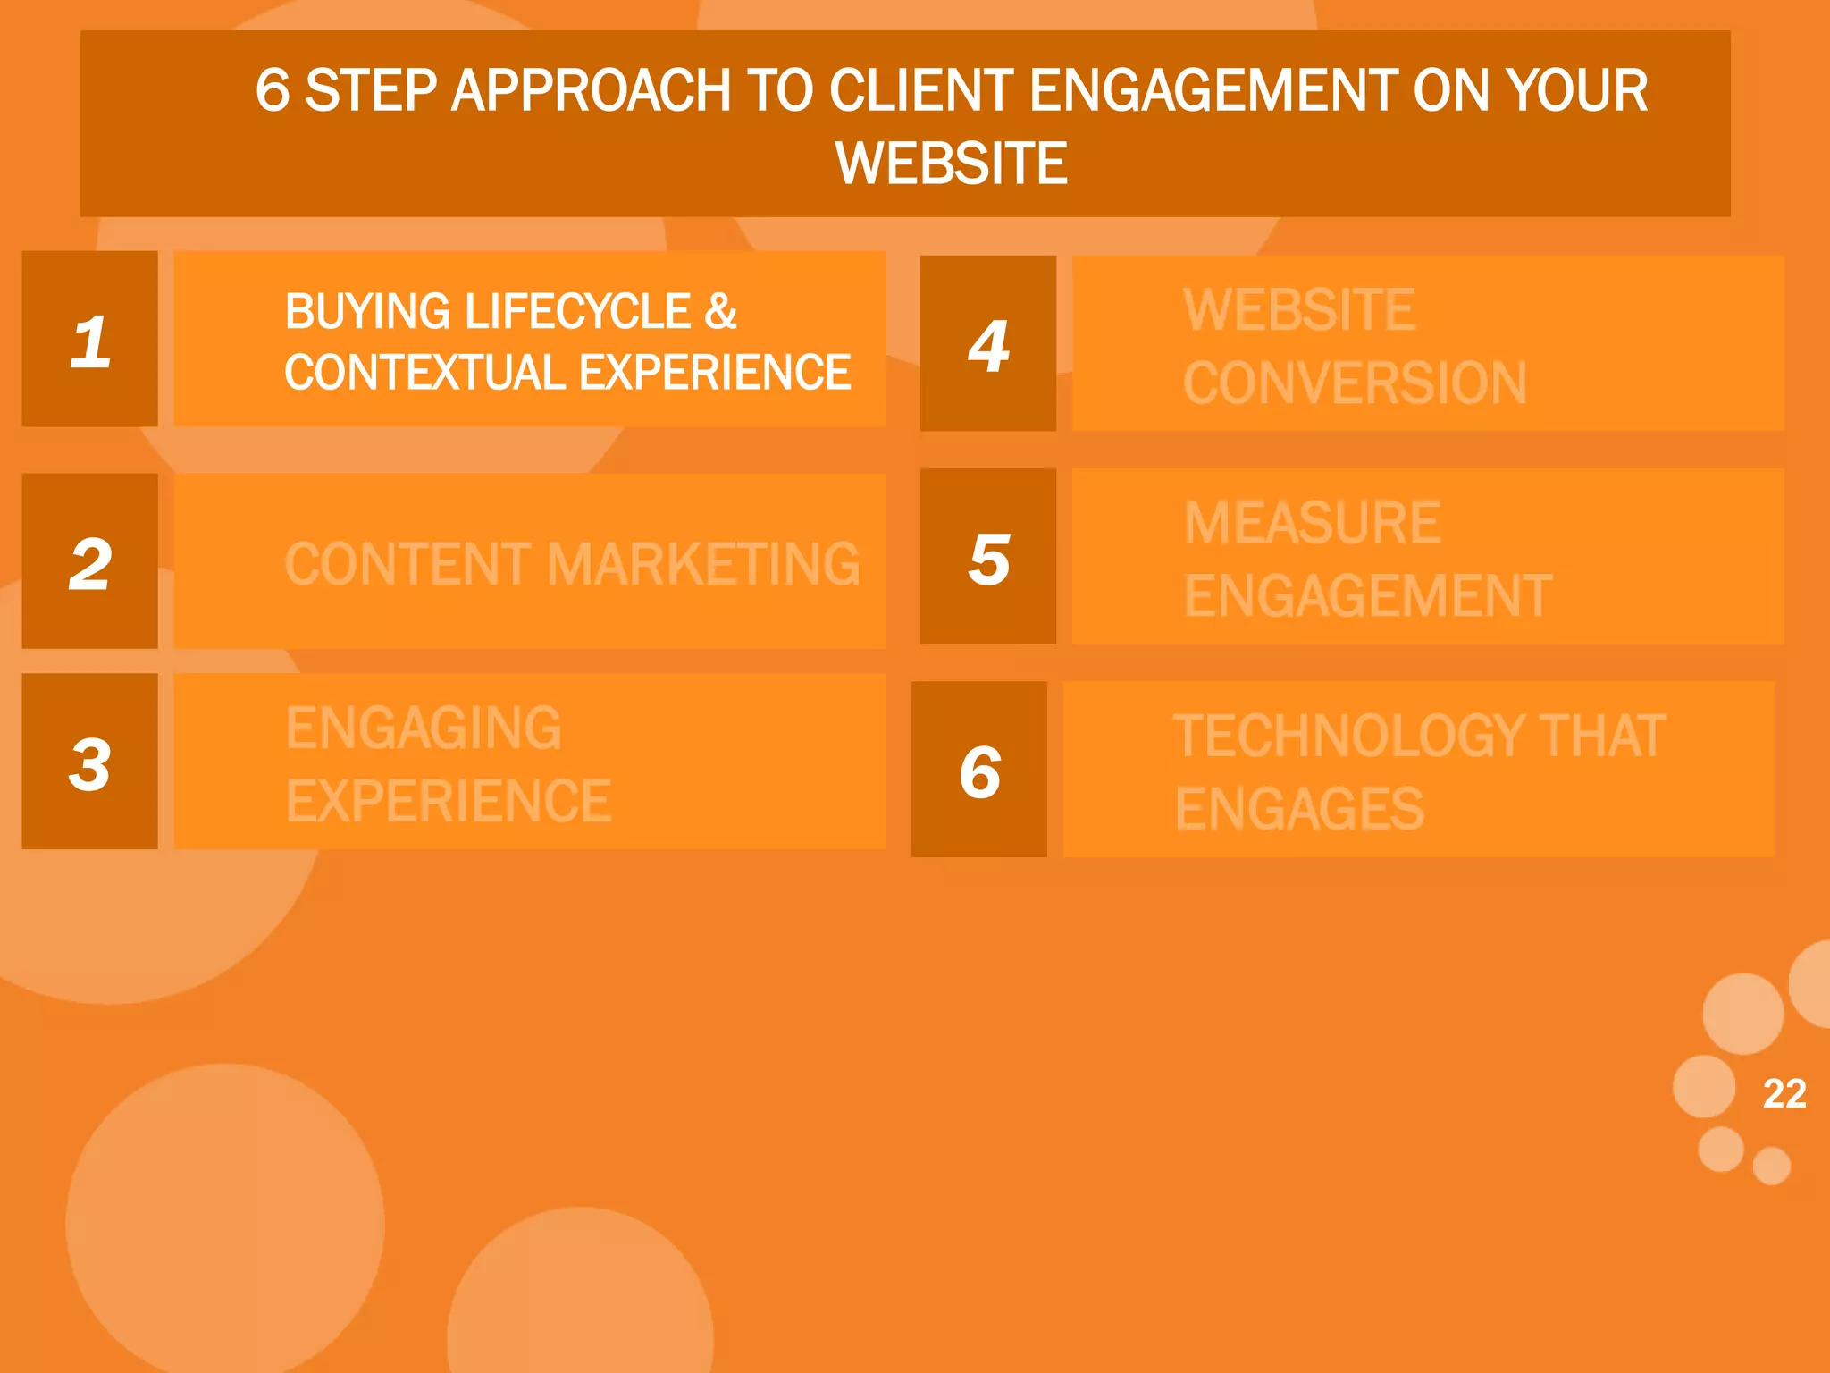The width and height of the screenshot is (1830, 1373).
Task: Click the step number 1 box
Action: click(90, 340)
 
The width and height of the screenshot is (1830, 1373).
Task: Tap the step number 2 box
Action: click(90, 561)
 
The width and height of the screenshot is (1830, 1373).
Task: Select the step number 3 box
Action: click(90, 762)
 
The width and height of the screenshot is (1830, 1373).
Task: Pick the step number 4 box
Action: click(988, 344)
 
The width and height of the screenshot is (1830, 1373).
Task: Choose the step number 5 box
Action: click(988, 557)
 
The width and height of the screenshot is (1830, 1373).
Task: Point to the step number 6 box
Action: click(979, 770)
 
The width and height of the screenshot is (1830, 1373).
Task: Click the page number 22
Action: click(1784, 1093)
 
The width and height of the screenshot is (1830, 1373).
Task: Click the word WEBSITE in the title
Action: click(951, 164)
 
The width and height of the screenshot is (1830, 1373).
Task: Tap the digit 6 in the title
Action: click(273, 91)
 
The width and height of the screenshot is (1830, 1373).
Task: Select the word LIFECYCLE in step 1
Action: click(577, 312)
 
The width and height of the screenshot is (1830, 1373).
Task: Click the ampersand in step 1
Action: click(720, 312)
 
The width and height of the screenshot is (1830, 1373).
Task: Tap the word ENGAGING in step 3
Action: click(424, 728)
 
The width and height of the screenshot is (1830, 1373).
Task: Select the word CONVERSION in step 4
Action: click(1355, 383)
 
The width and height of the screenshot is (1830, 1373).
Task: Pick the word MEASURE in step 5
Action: click(1312, 523)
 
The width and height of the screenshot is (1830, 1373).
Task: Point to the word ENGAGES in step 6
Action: click(1299, 809)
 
